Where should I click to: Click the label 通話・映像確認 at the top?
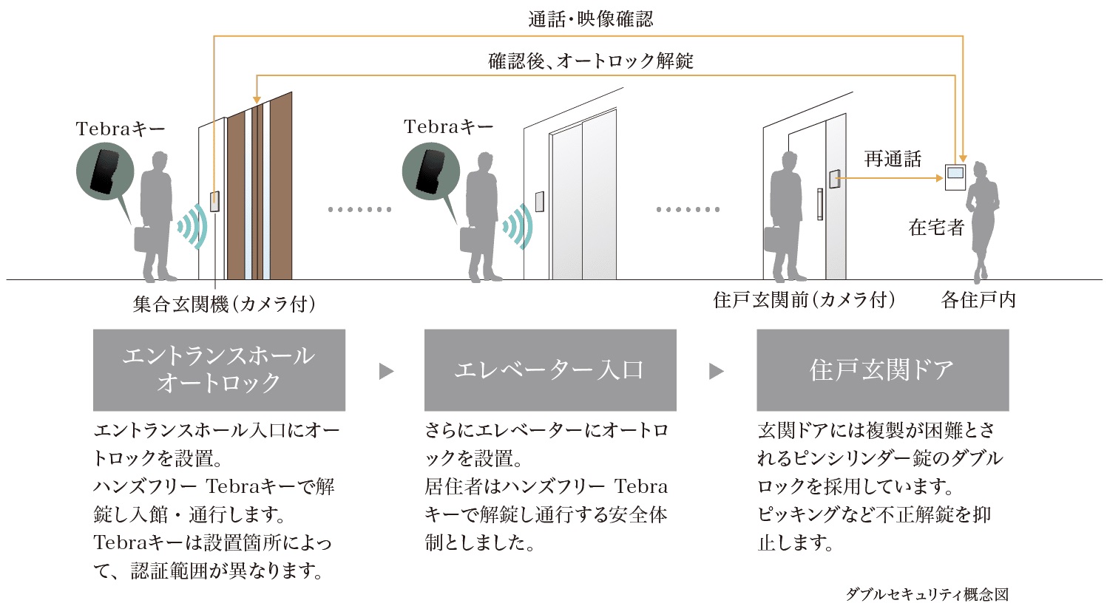pyautogui.click(x=591, y=19)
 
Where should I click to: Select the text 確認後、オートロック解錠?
pyautogui.click(x=591, y=61)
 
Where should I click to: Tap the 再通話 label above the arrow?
pyautogui.click(x=893, y=159)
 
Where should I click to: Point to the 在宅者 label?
pyautogui.click(x=936, y=228)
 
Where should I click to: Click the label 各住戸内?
pyautogui.click(x=978, y=300)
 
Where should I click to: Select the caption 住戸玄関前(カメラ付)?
pyautogui.click(x=805, y=300)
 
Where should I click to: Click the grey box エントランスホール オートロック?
pyautogui.click(x=219, y=370)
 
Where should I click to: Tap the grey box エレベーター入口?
pyautogui.click(x=549, y=370)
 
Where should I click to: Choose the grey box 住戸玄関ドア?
pyautogui.click(x=882, y=370)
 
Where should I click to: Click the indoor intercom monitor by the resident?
pyautogui.click(x=956, y=178)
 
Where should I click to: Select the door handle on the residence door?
pyautogui.click(x=819, y=204)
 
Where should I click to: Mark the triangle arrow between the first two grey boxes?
pyautogui.click(x=385, y=371)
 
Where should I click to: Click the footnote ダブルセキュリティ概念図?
pyautogui.click(x=927, y=594)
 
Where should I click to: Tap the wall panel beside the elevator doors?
pyautogui.click(x=540, y=202)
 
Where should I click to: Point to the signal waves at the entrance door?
pyautogui.click(x=190, y=225)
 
